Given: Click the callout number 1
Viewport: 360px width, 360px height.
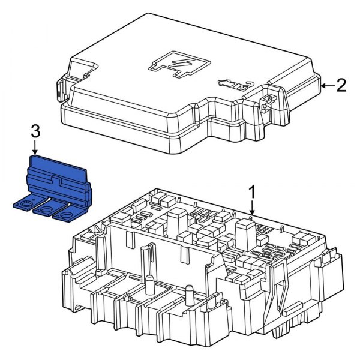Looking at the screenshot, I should point(253,192).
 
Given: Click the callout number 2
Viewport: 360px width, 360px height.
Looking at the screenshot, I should point(341,86).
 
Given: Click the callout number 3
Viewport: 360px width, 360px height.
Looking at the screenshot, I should point(35,131).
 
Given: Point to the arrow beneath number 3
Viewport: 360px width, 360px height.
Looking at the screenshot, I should point(35,147).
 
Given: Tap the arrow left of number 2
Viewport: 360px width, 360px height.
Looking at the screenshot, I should point(325,86).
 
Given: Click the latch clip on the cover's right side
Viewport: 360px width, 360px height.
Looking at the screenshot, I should point(267,102).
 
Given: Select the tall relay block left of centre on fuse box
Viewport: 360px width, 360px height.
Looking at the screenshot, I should point(177,219).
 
